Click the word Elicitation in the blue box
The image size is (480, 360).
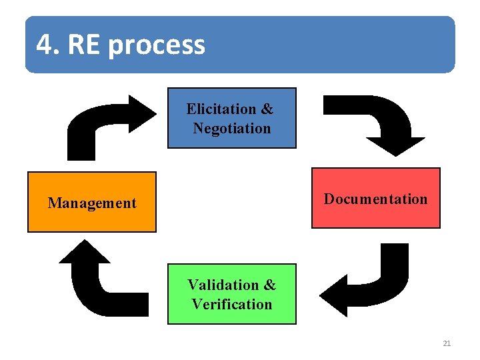221,109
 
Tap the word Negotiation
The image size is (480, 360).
232,128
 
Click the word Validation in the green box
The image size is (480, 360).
222,285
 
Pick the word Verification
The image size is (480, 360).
232,305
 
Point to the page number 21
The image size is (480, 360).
447,343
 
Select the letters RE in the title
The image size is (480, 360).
85,45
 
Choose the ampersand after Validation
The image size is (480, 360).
269,285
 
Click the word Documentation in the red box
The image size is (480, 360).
375,199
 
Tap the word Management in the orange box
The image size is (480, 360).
91,203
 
